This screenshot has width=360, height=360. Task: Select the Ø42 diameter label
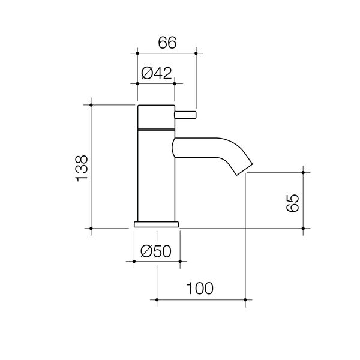click(156, 73)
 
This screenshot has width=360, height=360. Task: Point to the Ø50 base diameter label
click(156, 252)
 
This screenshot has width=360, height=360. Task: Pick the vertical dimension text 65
click(292, 202)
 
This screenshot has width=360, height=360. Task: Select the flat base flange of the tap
click(157, 224)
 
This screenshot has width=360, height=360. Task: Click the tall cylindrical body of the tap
click(156, 174)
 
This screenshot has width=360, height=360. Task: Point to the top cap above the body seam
click(156, 116)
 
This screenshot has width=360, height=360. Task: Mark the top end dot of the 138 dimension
click(91, 105)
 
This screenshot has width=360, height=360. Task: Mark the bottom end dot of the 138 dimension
click(91, 229)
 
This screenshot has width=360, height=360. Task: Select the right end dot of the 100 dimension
click(246, 299)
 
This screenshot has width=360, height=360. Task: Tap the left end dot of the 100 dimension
click(157, 299)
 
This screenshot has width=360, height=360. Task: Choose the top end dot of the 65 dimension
click(305, 172)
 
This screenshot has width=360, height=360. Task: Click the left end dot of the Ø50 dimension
click(134, 262)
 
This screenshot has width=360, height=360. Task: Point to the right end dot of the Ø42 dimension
click(175, 83)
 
